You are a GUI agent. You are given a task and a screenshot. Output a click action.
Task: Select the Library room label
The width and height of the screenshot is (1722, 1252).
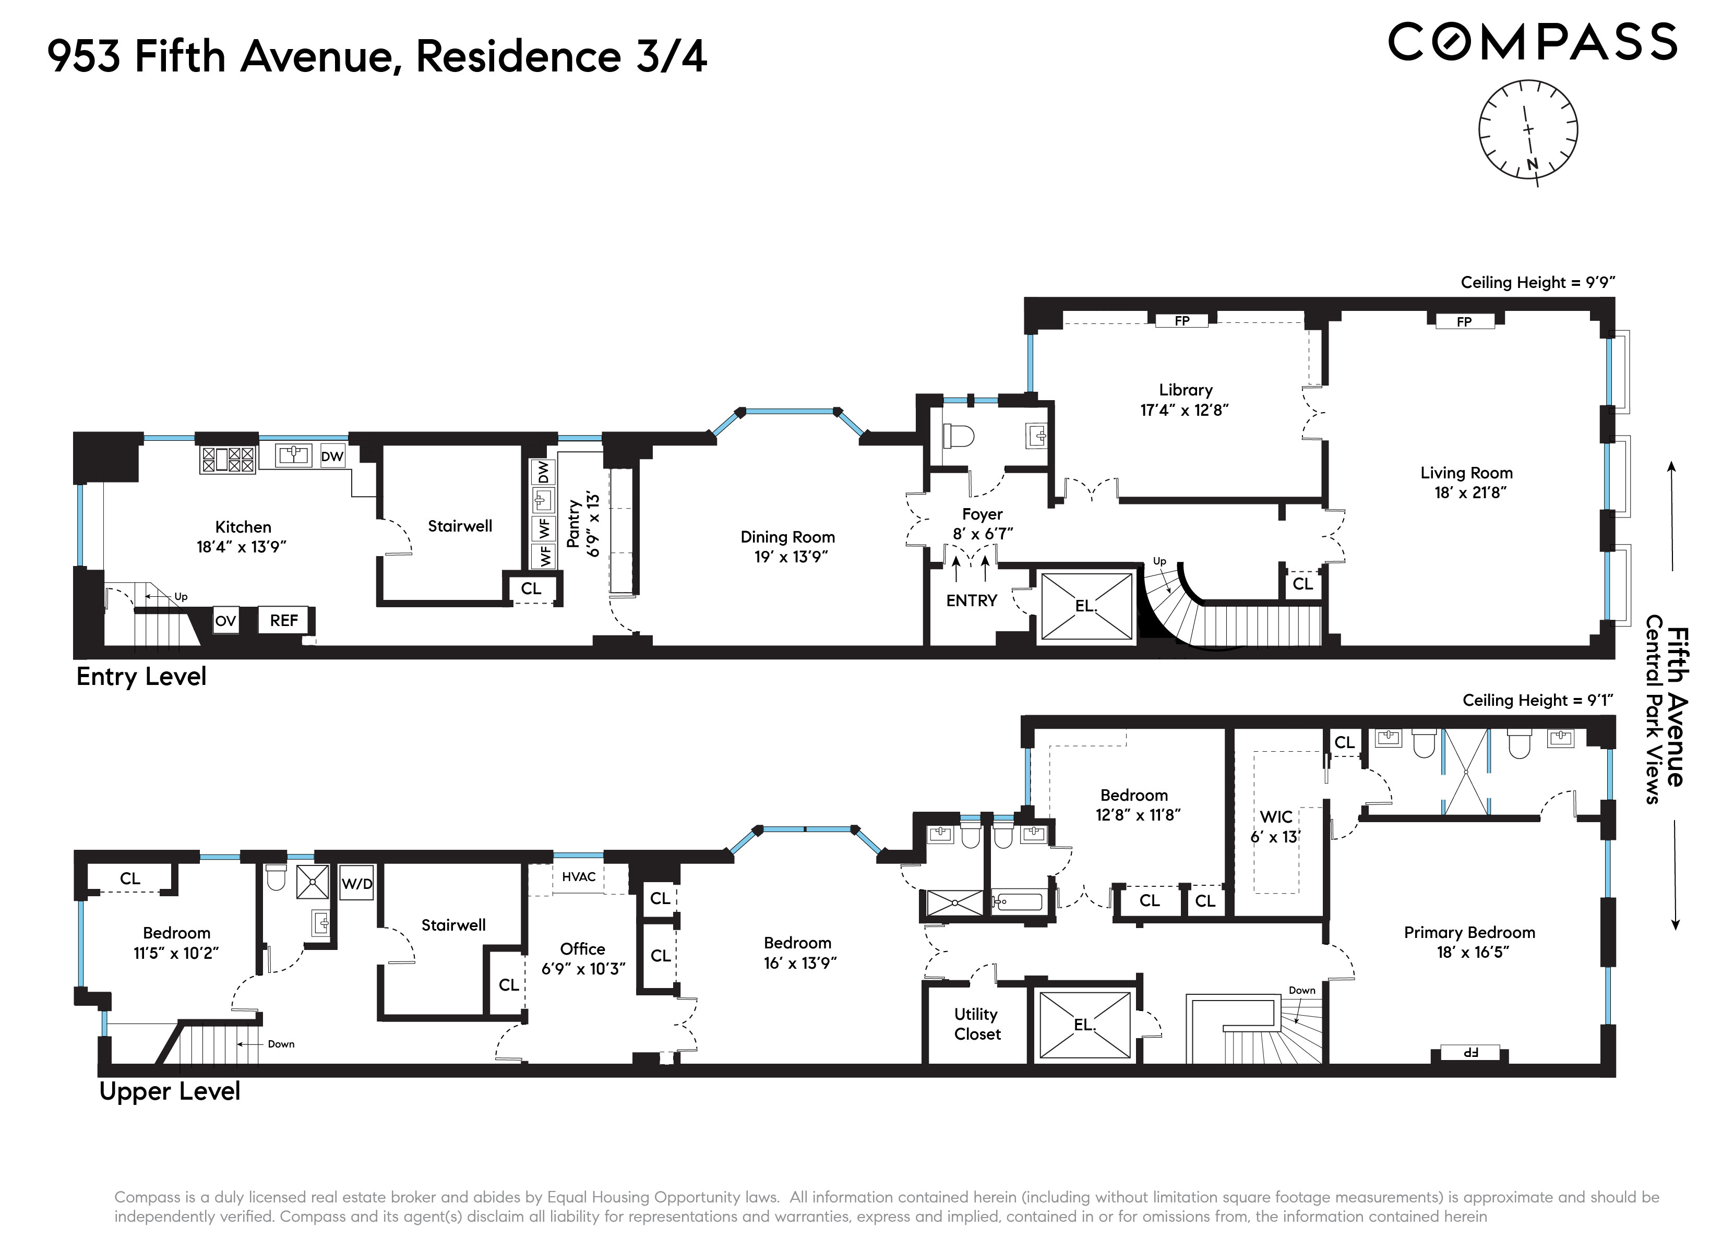pos(1185,390)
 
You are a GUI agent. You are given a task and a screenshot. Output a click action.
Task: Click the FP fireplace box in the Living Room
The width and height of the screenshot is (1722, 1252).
pos(1464,321)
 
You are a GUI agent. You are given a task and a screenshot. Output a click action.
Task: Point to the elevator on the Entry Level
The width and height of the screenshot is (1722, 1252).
pos(1086,606)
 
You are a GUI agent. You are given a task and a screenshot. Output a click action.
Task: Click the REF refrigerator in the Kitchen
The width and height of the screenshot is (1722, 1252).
pos(284,620)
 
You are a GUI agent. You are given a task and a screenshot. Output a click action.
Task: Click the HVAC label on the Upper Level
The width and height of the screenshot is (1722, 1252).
pos(579,877)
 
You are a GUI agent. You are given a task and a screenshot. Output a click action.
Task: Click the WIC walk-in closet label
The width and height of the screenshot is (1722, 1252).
pos(1275,817)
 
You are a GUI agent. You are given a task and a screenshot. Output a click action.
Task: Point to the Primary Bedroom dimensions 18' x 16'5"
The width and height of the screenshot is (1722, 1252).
pos(1472,952)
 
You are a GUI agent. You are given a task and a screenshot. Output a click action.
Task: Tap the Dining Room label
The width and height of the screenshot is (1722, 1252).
pos(787,537)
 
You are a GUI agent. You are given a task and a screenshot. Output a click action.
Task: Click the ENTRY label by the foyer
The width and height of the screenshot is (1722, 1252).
pos(971,600)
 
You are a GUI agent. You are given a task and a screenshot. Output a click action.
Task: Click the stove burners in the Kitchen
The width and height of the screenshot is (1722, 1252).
pos(227,460)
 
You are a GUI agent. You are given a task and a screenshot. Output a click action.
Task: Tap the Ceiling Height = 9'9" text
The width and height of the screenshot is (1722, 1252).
pos(1537,282)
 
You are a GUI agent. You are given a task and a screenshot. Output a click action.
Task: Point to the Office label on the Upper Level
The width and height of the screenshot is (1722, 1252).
pos(582,949)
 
